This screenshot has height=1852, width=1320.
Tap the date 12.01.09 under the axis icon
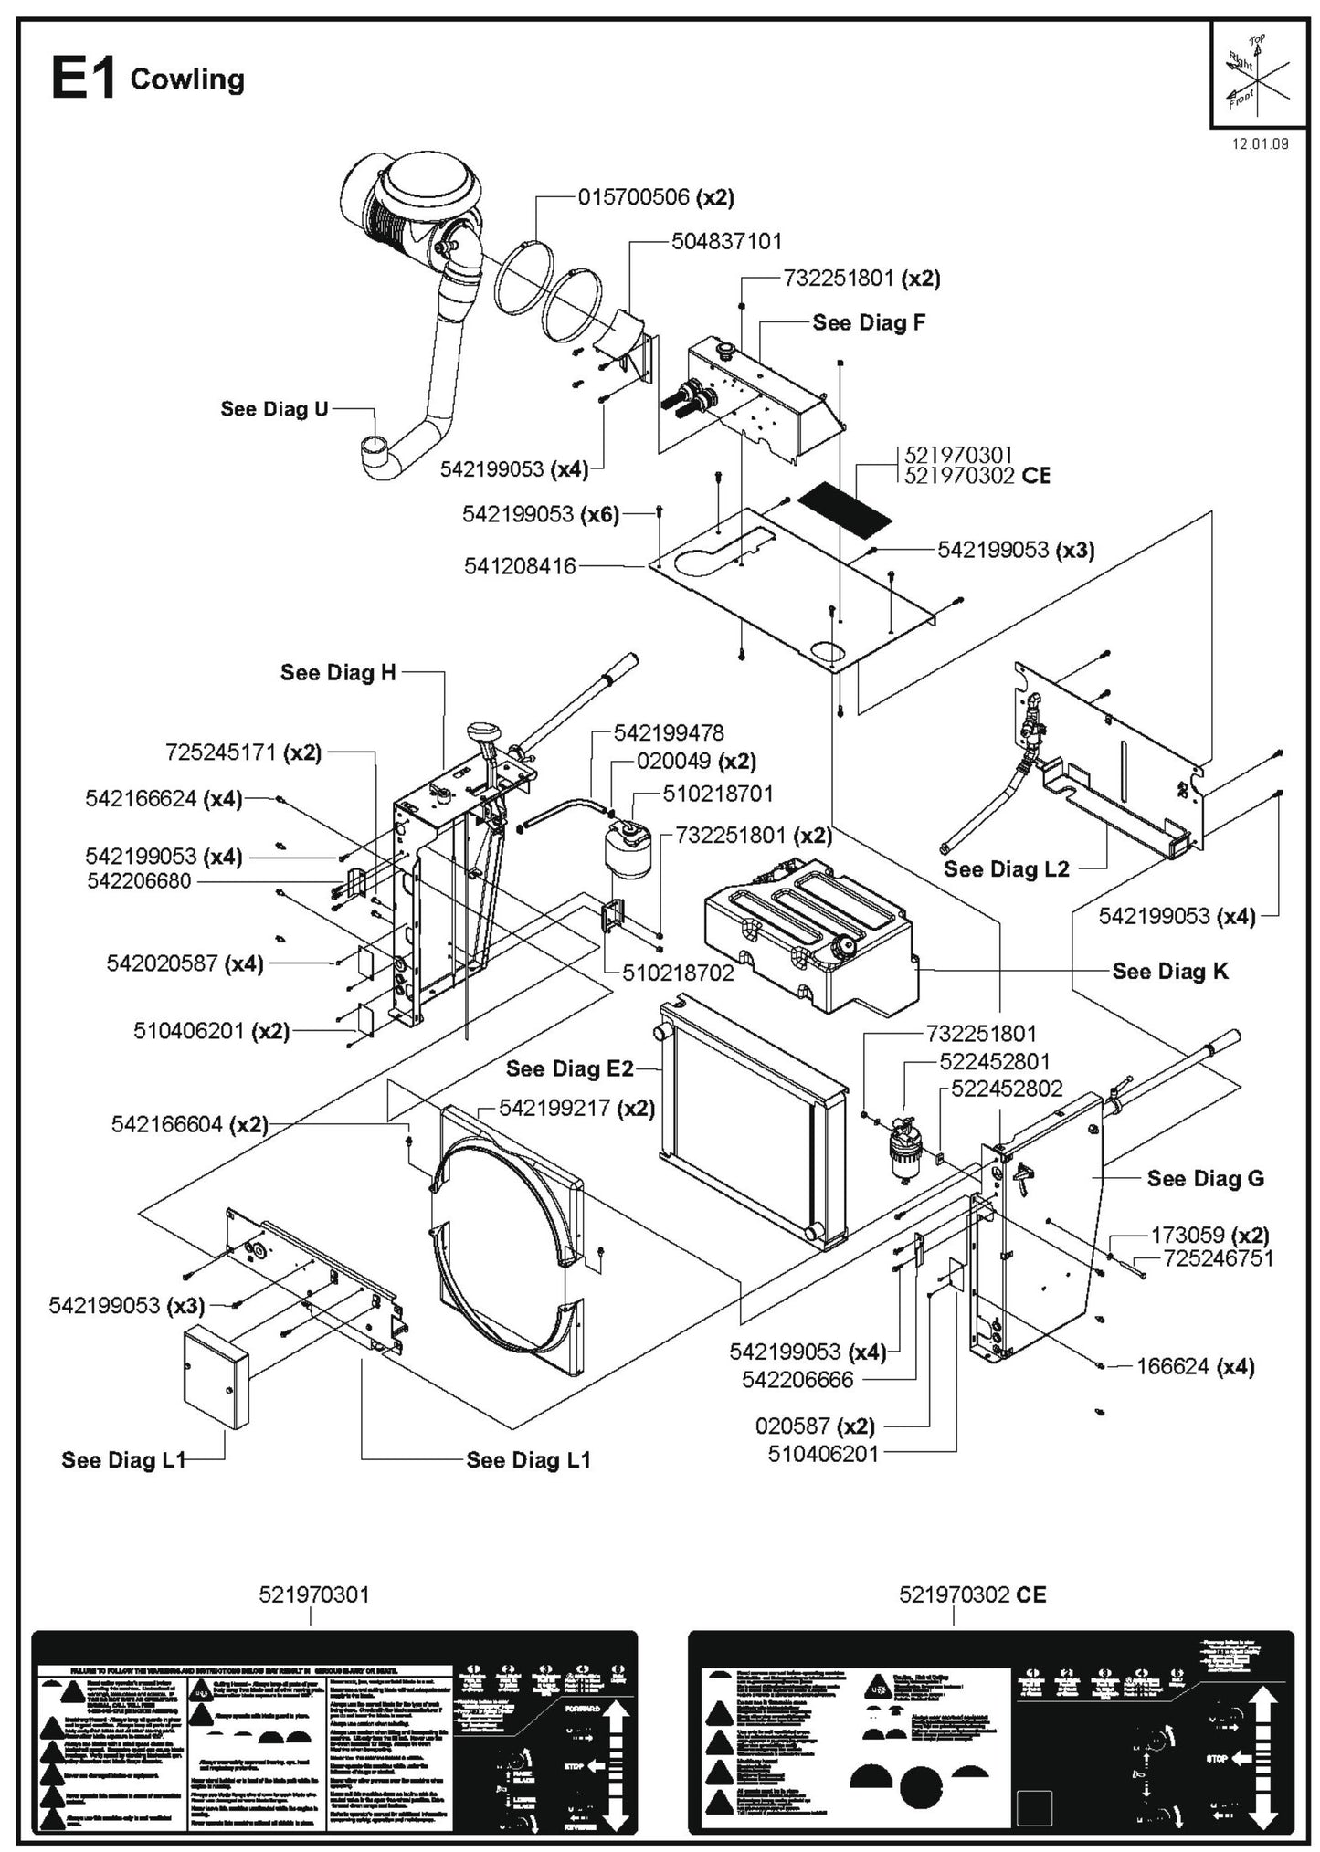1260,143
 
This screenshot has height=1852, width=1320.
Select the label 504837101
726,241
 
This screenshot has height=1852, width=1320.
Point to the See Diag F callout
868,322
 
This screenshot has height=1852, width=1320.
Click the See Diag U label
274,408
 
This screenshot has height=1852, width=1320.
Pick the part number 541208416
520,566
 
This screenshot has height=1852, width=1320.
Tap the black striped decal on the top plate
843,510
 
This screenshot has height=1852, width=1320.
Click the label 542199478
669,732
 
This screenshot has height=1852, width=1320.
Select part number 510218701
718,794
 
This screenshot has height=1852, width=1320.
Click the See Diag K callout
1170,971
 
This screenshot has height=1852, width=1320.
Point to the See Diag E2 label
569,1068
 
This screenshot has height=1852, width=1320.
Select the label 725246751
1219,1257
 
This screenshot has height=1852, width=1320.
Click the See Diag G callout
1205,1178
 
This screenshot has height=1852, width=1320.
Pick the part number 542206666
797,1379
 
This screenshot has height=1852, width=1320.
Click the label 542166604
167,1124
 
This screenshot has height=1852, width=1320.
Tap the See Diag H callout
338,672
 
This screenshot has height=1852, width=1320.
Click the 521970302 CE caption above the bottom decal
972,1594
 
